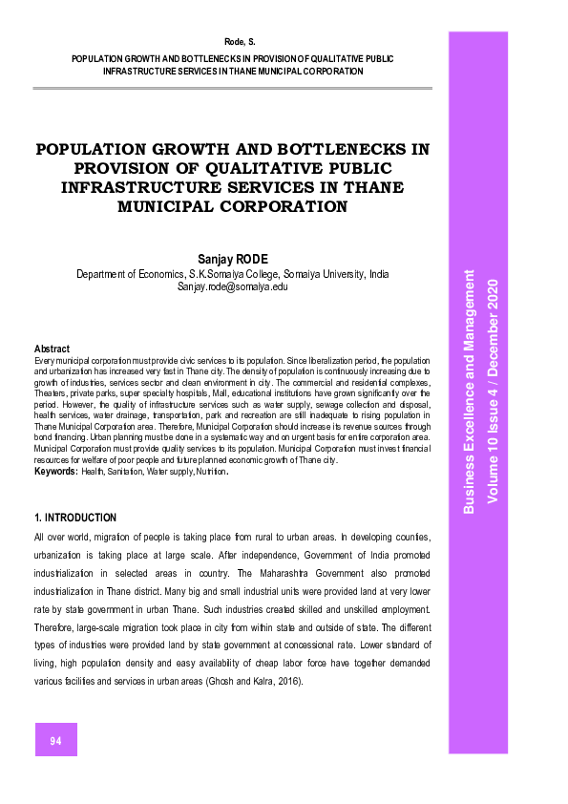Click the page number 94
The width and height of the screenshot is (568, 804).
click(56, 740)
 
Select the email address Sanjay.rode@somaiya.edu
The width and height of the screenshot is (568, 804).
click(233, 286)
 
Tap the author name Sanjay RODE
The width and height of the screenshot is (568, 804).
click(233, 259)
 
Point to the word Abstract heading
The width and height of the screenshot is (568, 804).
click(52, 349)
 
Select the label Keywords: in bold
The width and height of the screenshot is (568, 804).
click(56, 472)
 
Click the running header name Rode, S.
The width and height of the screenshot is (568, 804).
click(233, 42)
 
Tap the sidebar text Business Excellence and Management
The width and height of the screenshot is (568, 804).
click(470, 391)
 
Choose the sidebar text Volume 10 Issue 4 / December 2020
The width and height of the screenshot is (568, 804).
click(493, 391)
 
